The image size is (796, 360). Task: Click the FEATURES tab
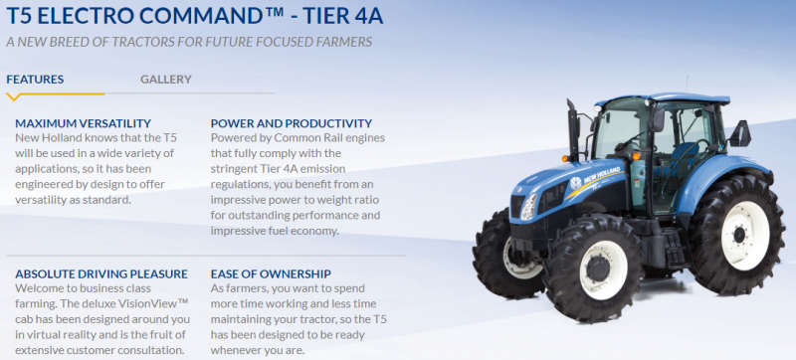pyautogui.click(x=35, y=80)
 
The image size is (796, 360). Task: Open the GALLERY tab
pyautogui.click(x=166, y=80)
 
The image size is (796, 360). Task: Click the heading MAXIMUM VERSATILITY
pyautogui.click(x=84, y=123)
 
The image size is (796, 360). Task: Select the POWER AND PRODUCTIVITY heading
pyautogui.click(x=289, y=123)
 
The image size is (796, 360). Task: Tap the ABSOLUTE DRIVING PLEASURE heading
pyautogui.click(x=101, y=273)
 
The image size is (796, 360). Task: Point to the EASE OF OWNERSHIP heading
pyautogui.click(x=271, y=273)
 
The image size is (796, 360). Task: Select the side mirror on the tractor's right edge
pyautogui.click(x=740, y=132)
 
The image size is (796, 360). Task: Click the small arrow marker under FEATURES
pyautogui.click(x=13, y=97)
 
